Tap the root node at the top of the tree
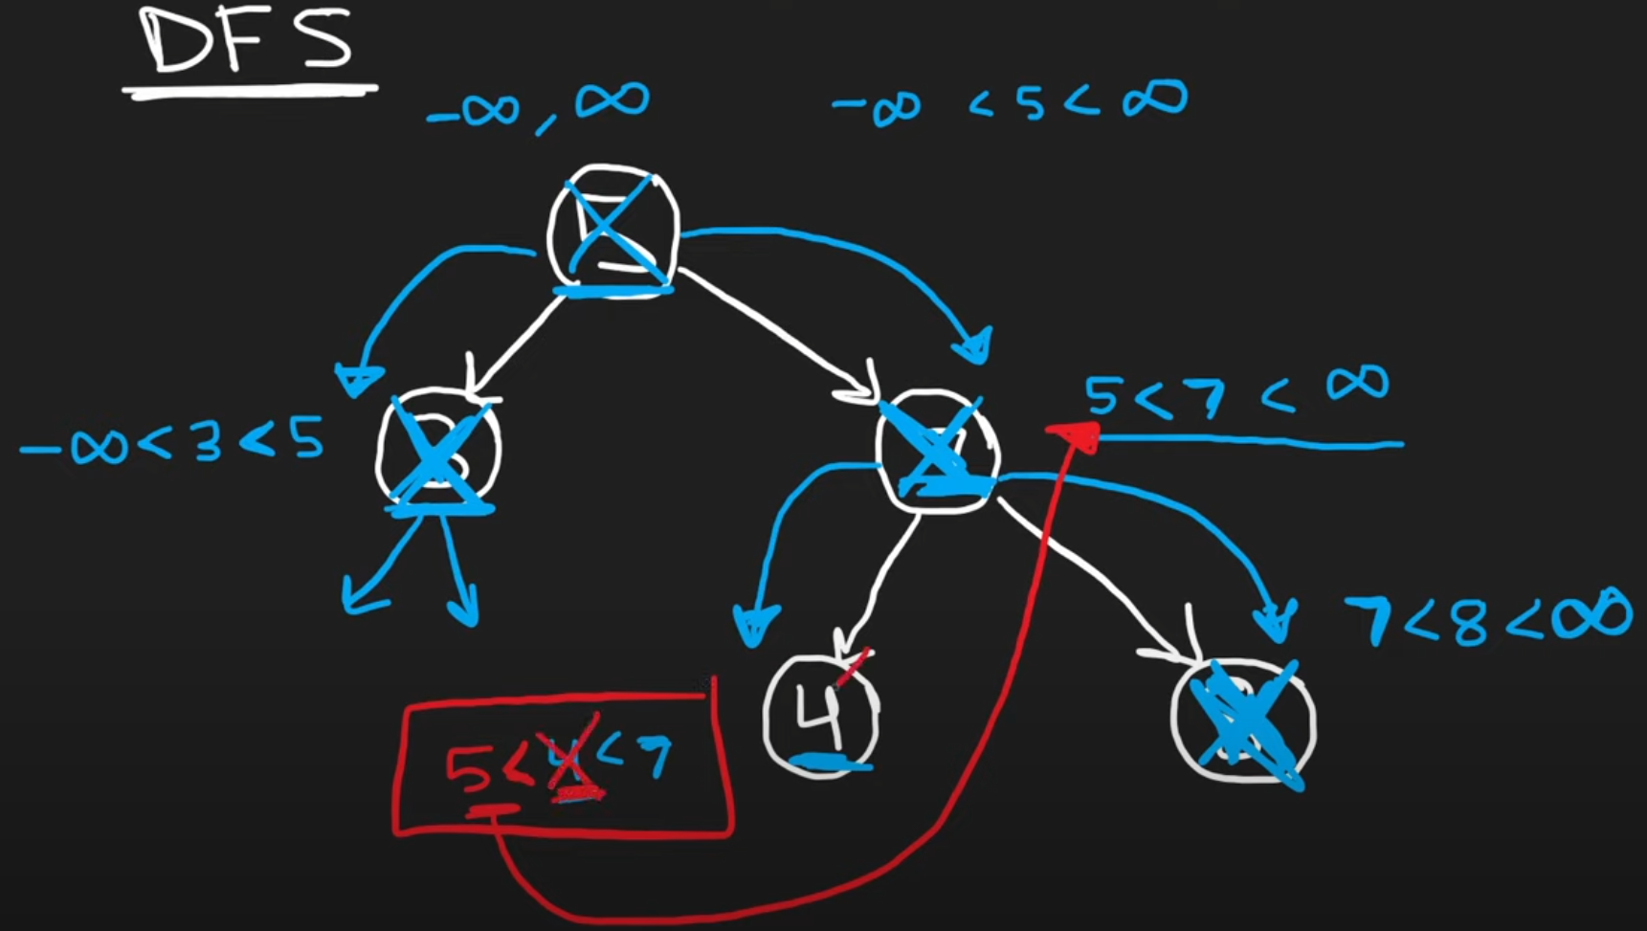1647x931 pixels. (613, 230)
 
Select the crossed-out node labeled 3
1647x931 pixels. (438, 450)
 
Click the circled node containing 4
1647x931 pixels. (821, 713)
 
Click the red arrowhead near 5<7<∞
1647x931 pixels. (1077, 436)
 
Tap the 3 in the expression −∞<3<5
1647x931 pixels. (208, 442)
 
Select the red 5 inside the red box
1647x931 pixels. (470, 770)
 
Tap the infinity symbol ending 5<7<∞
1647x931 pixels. (1357, 384)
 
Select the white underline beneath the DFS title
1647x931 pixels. (250, 91)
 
